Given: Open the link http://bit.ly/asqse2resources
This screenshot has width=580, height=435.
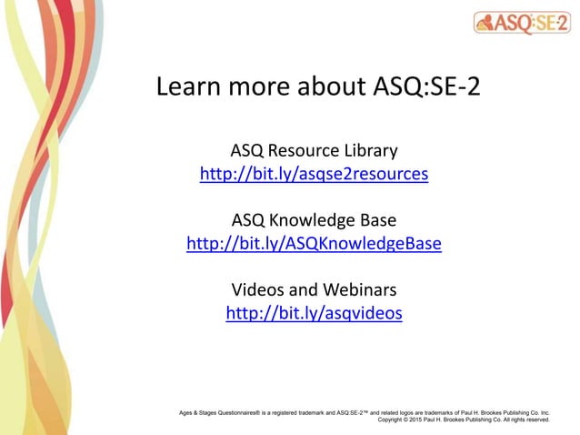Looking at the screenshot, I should [314, 173].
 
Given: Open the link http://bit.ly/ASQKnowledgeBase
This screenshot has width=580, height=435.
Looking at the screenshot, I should [314, 244].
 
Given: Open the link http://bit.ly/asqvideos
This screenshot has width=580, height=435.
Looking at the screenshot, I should [314, 314].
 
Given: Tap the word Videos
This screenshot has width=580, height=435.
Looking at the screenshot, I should [258, 290].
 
